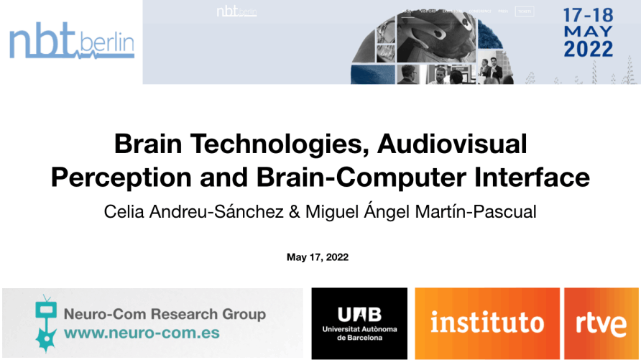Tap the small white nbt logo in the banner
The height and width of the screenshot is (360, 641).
[x=236, y=11]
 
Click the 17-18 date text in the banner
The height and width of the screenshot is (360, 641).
[x=589, y=14]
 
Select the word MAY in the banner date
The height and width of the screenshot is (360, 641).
[x=589, y=32]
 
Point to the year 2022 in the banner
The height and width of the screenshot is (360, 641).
[x=589, y=50]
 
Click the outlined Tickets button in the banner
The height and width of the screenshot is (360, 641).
[x=525, y=11]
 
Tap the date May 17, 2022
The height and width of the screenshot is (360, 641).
[x=320, y=257]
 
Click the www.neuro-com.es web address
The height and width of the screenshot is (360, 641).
[x=142, y=333]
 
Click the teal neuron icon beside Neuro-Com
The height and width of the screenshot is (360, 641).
[x=47, y=323]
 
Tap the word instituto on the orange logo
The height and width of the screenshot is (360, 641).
[x=486, y=323]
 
